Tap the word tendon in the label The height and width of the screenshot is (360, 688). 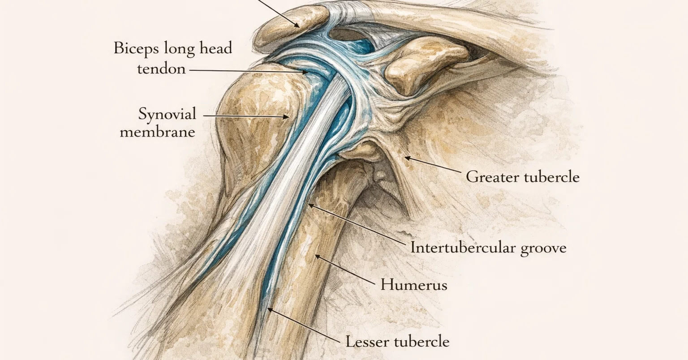click(x=162, y=69)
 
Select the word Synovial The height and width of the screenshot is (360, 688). click(x=167, y=115)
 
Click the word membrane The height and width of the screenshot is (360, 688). click(x=158, y=132)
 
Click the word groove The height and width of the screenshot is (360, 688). click(x=543, y=249)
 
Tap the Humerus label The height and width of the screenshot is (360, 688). click(x=414, y=285)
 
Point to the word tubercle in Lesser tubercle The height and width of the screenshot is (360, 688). click(x=421, y=342)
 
